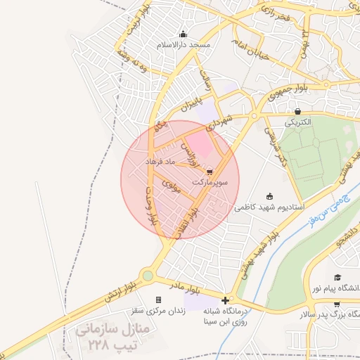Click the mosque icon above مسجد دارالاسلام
point(183,34)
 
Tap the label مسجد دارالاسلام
point(184,44)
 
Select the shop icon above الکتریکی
point(298,111)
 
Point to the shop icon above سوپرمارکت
point(210,171)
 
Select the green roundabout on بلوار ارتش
point(148,276)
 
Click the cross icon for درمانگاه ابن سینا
point(225,300)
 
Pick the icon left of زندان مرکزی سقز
point(177,300)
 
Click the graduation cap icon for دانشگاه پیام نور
point(337,278)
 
